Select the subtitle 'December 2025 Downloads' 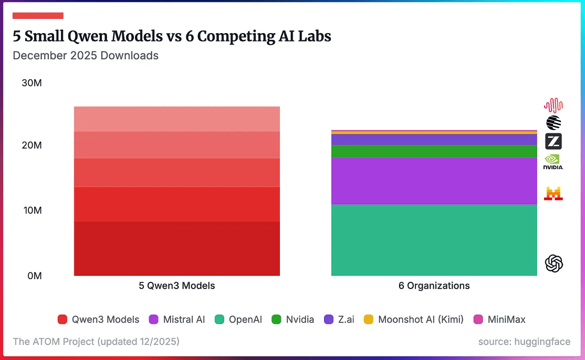tap(86, 55)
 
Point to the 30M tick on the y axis tap(32, 83)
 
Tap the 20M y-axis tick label tap(32, 145)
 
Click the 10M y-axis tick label tap(32, 210)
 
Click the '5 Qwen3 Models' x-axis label tap(177, 286)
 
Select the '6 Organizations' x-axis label tap(434, 286)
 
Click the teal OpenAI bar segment tap(434, 240)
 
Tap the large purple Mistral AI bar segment tap(434, 181)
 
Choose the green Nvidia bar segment tap(434, 151)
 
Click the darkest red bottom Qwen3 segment tap(177, 248)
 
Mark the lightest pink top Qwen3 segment tap(177, 119)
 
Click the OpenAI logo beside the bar tap(554, 263)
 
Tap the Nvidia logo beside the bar tap(553, 162)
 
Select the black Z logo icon tap(553, 141)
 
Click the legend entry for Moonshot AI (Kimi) tap(414, 319)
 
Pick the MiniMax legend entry tap(500, 319)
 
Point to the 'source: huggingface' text tap(524, 342)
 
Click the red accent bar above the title tap(38, 16)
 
